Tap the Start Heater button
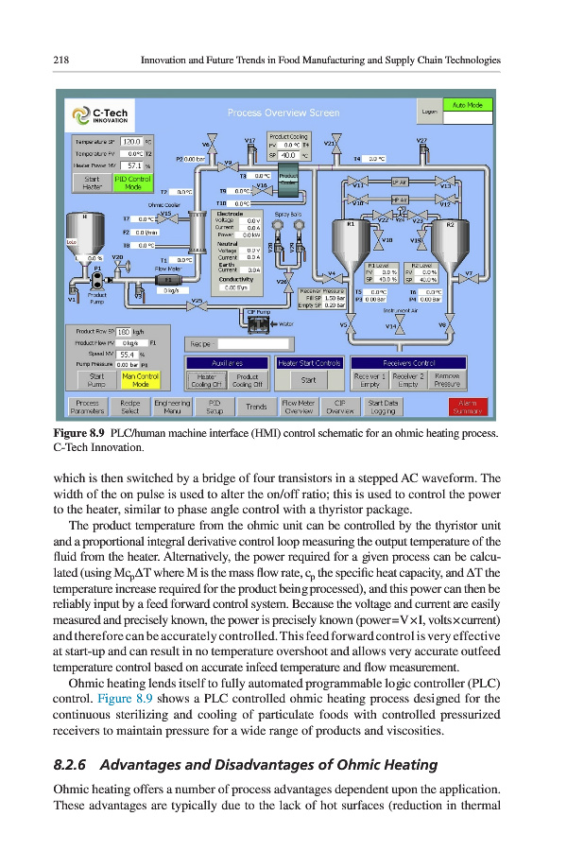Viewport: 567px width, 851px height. pyautogui.click(x=92, y=182)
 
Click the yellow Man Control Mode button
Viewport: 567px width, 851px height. pyautogui.click(x=140, y=381)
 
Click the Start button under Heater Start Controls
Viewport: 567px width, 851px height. pyautogui.click(x=308, y=381)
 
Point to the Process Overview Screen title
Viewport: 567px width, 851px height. pyautogui.click(x=283, y=113)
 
